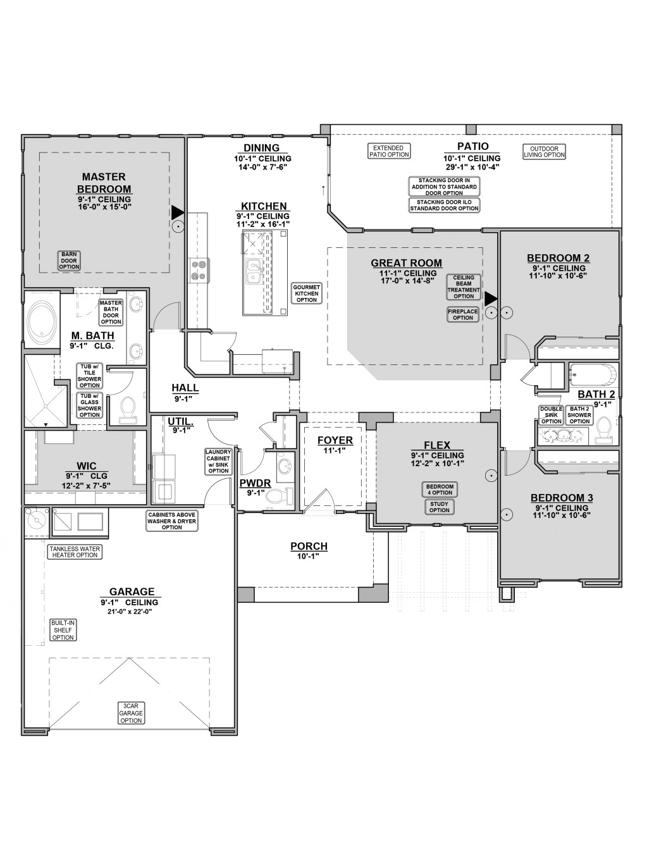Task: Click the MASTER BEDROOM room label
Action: point(104,183)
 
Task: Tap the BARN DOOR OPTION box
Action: point(69,261)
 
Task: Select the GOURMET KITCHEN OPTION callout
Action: point(307,293)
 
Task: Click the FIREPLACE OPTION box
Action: point(463,314)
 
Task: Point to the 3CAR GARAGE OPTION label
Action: point(131,713)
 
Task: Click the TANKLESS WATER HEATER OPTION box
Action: point(75,552)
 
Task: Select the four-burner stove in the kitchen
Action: point(199,269)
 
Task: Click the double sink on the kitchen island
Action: point(254,271)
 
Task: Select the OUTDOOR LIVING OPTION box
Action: point(545,152)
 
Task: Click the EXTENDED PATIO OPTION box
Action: point(389,151)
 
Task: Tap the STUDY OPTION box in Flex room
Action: point(439,507)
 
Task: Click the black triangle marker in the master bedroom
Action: point(178,213)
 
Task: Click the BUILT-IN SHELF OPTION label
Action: point(63,630)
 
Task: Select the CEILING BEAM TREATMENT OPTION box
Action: point(464,287)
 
